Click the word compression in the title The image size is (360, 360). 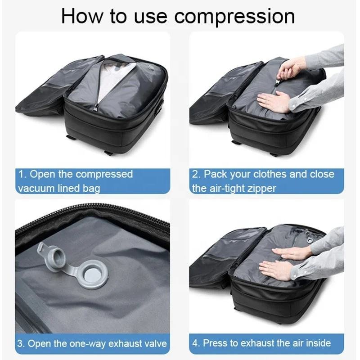tap(234, 17)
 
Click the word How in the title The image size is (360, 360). tap(82, 16)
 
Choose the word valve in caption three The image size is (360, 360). tap(157, 344)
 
